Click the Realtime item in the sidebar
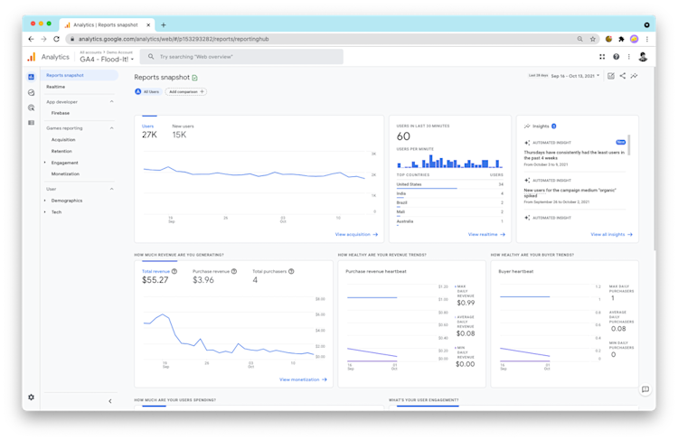click(56, 87)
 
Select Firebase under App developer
click(61, 113)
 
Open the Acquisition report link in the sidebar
click(63, 139)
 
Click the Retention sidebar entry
click(61, 151)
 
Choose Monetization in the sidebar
click(65, 173)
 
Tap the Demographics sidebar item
click(67, 201)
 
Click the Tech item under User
click(56, 211)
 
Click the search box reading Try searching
click(244, 56)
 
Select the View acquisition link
click(355, 234)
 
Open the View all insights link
click(611, 234)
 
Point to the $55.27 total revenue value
click(155, 280)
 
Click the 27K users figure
click(149, 135)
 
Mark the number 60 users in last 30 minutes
click(403, 136)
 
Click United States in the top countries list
click(410, 183)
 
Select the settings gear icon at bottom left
click(31, 397)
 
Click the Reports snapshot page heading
click(162, 78)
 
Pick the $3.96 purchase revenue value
click(203, 280)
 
